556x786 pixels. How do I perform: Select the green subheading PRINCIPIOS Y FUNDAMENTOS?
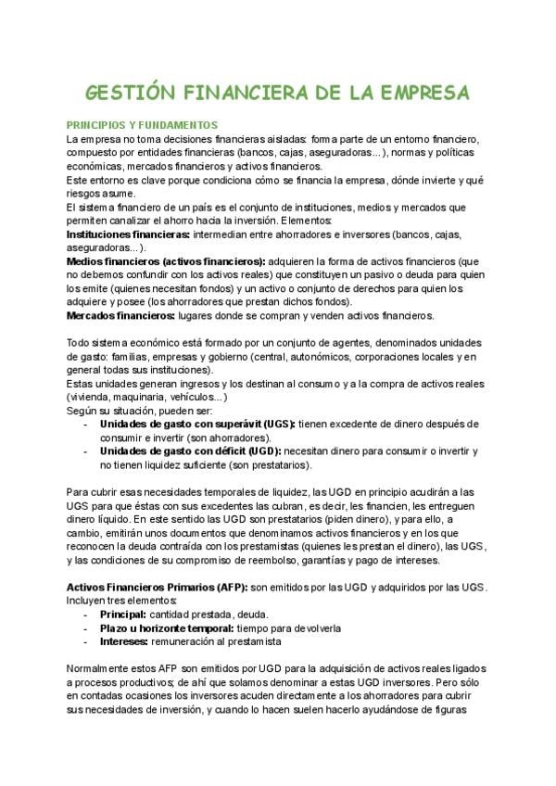[x=142, y=125]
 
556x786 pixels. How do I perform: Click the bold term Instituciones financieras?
[x=126, y=235]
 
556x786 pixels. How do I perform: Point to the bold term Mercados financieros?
[x=120, y=315]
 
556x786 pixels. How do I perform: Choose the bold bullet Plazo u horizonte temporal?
[x=169, y=628]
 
